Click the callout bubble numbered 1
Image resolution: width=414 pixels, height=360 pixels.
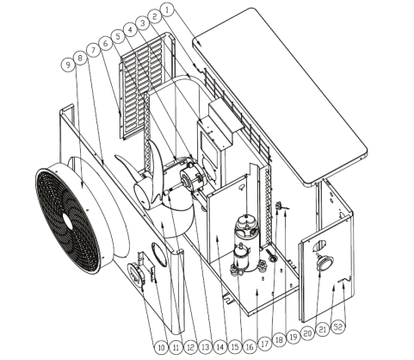point(167,10)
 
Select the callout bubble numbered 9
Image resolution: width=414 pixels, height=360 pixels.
point(68,65)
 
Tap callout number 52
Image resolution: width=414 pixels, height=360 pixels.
point(338,327)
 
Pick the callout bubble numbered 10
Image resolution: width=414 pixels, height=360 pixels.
point(162,348)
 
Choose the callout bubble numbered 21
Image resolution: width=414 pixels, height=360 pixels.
point(323,329)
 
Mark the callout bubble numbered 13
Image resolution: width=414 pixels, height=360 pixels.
point(206,348)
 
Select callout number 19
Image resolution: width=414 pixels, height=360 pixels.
point(293,337)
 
